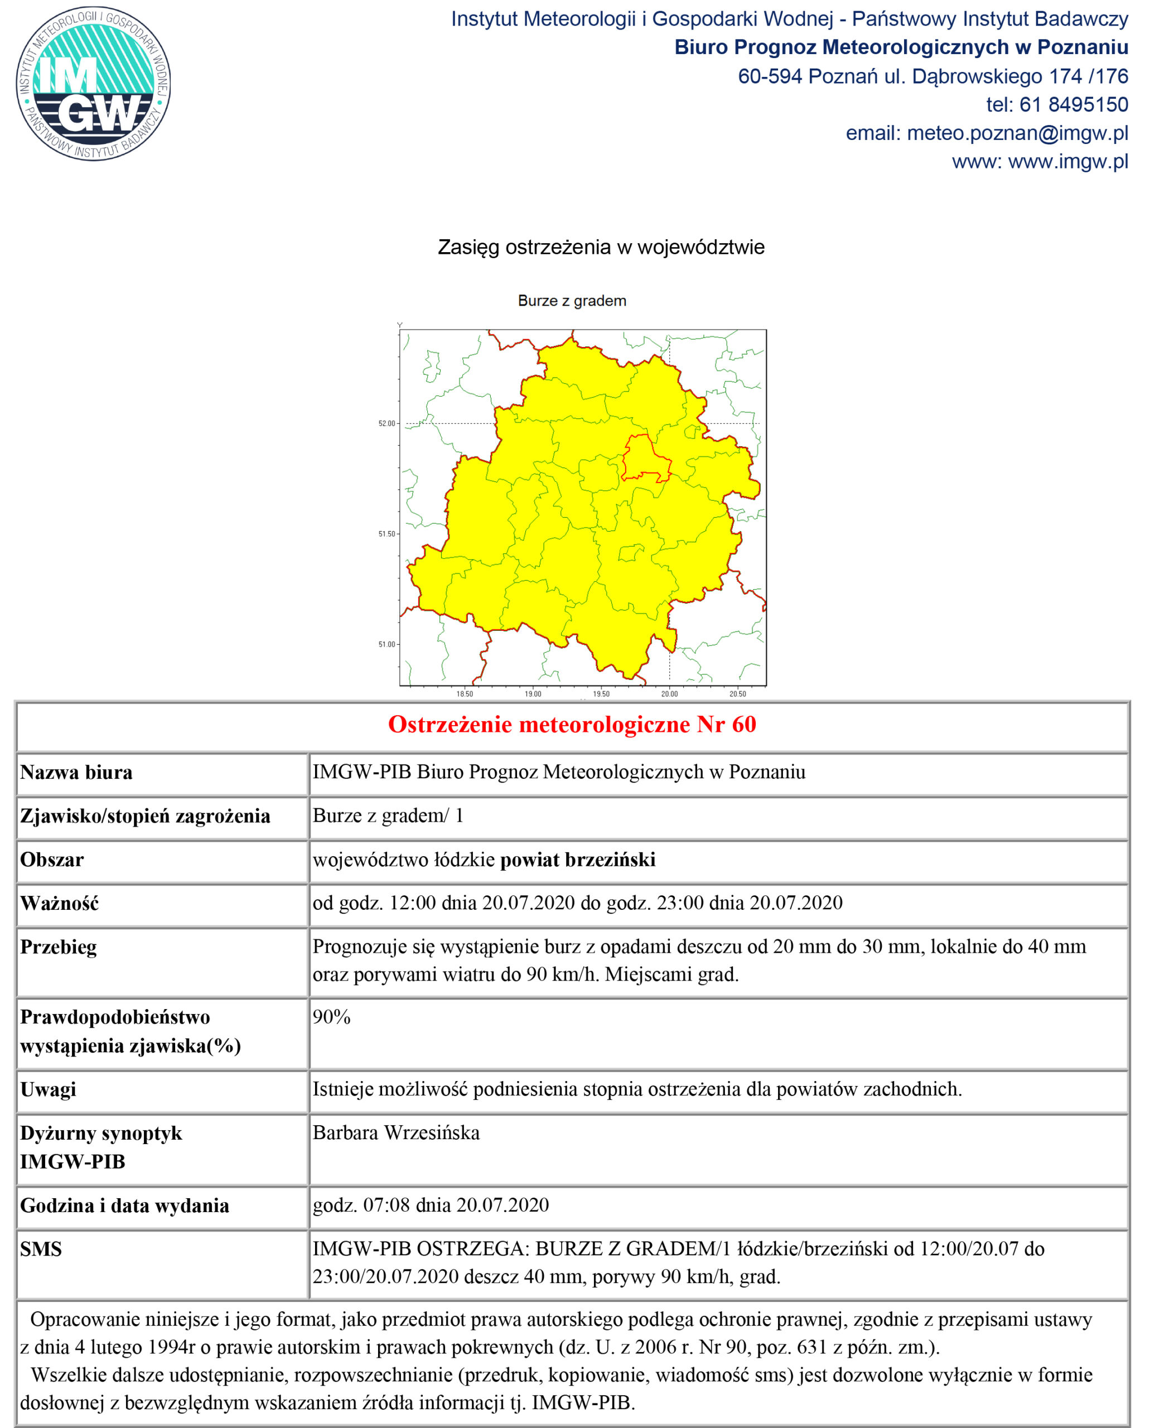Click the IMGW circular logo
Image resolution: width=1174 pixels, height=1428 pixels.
93,84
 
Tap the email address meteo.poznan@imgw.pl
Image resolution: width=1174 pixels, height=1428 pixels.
1017,133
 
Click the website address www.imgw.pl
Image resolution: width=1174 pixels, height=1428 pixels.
1068,162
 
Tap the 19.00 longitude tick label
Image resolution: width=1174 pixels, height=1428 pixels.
533,693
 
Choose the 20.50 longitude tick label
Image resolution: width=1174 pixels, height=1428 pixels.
737,693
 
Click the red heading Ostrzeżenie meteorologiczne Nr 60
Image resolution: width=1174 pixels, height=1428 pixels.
572,725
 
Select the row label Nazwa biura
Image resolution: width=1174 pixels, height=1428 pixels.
76,772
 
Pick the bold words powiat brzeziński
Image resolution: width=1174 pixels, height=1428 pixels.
578,859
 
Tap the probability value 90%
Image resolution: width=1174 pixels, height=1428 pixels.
331,1017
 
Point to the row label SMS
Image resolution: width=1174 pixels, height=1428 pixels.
41,1249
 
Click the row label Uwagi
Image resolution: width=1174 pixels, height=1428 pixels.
48,1089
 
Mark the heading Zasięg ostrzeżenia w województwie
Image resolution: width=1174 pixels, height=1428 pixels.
601,247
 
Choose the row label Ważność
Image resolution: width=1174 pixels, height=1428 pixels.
60,903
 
